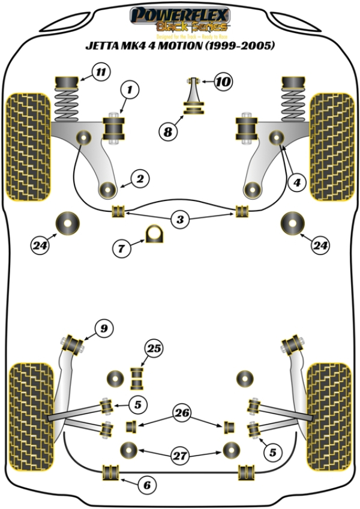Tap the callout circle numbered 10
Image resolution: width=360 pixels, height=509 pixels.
[223, 81]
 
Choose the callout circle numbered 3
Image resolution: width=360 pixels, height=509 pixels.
[179, 220]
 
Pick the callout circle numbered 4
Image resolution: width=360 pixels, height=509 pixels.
[295, 183]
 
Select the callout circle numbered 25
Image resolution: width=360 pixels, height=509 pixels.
[154, 348]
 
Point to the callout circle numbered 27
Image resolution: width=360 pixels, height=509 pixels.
[179, 456]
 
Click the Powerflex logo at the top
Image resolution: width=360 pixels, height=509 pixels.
[180, 19]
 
